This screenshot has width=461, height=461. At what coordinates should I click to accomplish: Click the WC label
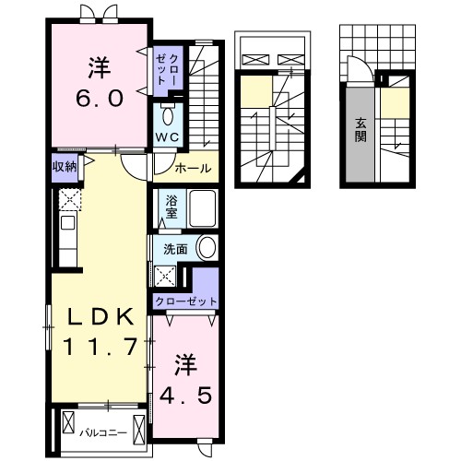(167, 136)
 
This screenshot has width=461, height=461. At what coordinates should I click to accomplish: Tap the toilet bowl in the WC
(168, 116)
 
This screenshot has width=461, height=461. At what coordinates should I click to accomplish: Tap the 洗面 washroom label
(175, 248)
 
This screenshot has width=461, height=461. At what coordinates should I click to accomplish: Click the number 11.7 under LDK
(100, 347)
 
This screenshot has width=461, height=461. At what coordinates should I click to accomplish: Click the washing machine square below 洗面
(166, 276)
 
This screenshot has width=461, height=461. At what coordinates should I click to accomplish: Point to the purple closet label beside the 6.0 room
(166, 68)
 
